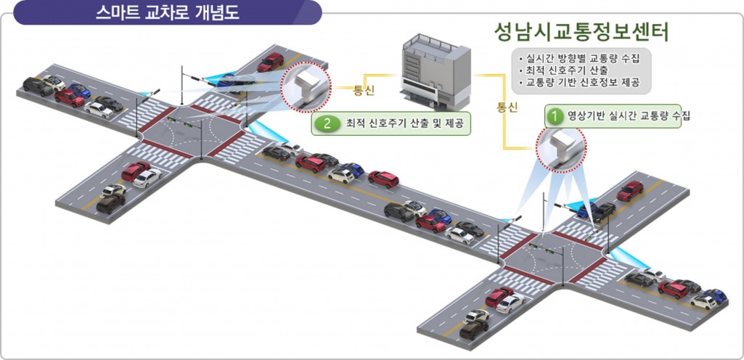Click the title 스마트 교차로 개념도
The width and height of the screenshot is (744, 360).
[x=167, y=13]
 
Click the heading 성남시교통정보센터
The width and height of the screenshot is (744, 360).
[x=581, y=32]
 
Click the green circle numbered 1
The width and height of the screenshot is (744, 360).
[x=555, y=115]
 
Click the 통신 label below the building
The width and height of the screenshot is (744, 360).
[x=507, y=107]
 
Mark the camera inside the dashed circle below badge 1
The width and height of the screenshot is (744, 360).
[x=560, y=147]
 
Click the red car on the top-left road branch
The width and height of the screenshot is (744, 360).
[x=270, y=62]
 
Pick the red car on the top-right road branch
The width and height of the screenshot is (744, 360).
[x=630, y=191]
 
